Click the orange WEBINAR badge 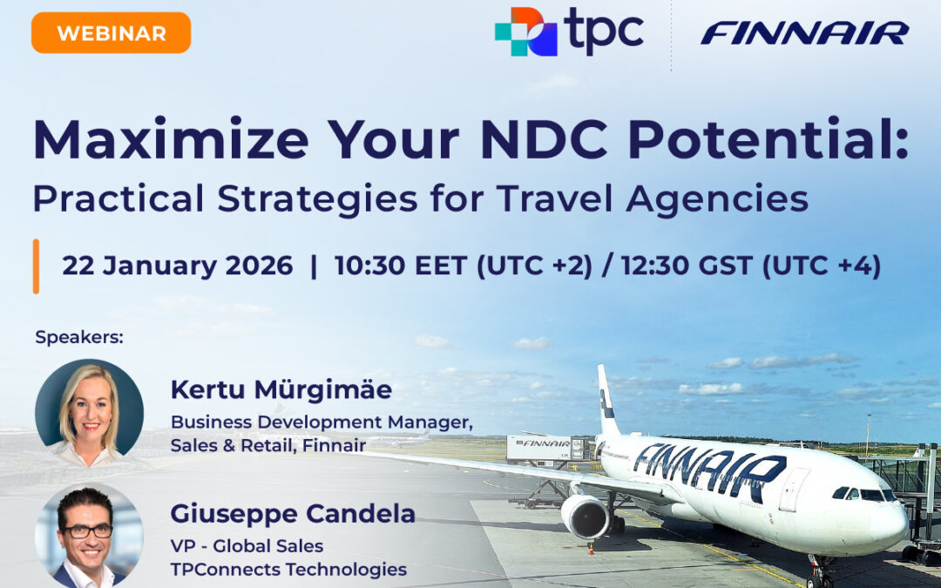coord(111,33)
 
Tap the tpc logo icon coord(525,31)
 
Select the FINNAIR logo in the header coord(804,33)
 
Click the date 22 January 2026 coord(177,266)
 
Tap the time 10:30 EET coord(402,266)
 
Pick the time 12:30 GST coord(687,266)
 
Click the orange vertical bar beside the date coord(36,266)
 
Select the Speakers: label coord(79,337)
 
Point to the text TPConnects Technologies coord(288,570)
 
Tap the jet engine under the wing coord(584,517)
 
